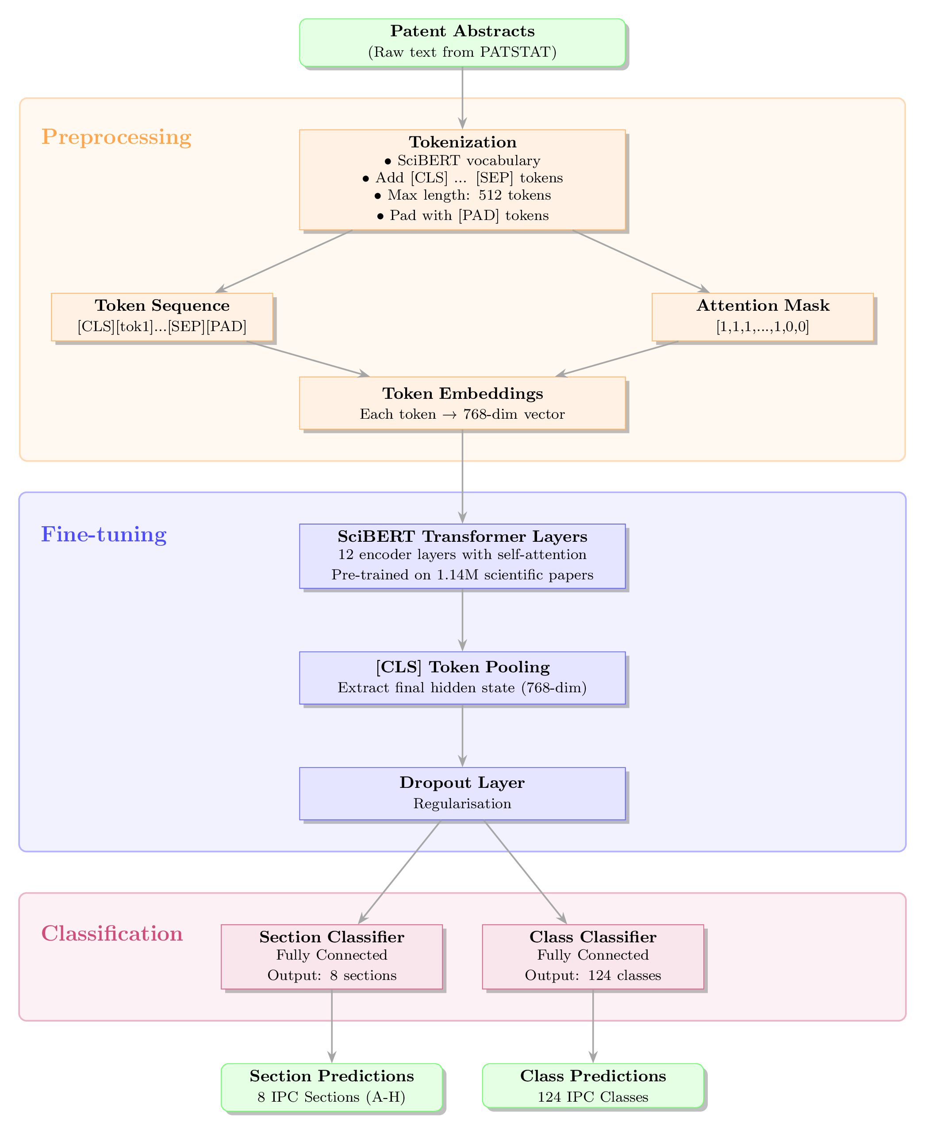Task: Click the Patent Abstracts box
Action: pyautogui.click(x=462, y=42)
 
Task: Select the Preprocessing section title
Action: pyautogui.click(x=116, y=137)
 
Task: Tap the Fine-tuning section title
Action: pyautogui.click(x=104, y=535)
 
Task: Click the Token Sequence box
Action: pyautogui.click(x=162, y=316)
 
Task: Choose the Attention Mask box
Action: pyautogui.click(x=763, y=316)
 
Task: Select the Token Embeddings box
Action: pyautogui.click(x=462, y=403)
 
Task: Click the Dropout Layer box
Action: pyautogui.click(x=462, y=793)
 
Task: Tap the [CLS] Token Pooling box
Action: pyautogui.click(x=462, y=678)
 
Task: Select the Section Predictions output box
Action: pyautogui.click(x=331, y=1085)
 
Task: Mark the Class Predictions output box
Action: pyautogui.click(x=592, y=1085)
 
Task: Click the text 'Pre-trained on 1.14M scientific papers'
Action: pyautogui.click(x=462, y=575)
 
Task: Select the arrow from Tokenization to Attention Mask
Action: pyautogui.click(x=641, y=261)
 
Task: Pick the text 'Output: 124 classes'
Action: pyautogui.click(x=592, y=976)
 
